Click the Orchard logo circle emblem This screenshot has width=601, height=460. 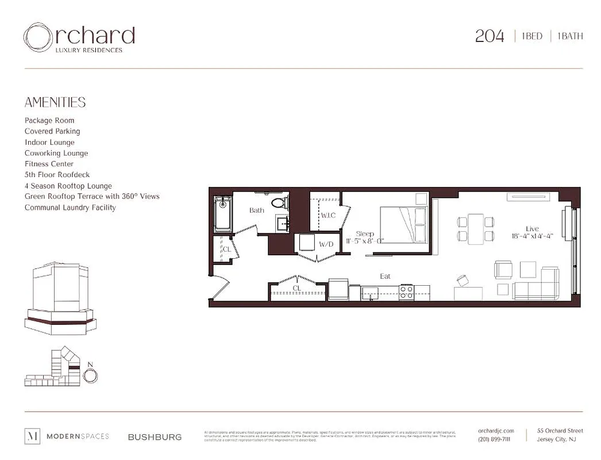pos(37,37)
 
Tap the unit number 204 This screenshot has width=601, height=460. pos(490,36)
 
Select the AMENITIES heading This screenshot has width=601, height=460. pos(55,102)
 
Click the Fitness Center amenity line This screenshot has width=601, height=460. pos(49,164)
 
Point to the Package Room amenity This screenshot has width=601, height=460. pos(49,120)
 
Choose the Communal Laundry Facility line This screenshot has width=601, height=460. pos(70,208)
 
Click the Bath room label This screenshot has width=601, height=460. pos(256,210)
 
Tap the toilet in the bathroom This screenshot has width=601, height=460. pos(280,202)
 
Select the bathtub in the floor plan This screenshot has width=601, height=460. pos(222,214)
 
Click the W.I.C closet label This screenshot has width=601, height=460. pos(328,216)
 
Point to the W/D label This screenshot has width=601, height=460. pos(326,244)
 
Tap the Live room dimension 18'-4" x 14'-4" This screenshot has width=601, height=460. pos(532,236)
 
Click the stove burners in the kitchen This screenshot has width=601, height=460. pos(407,292)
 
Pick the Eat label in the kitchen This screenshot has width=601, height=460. pos(385,277)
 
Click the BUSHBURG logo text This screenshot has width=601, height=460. pos(155,437)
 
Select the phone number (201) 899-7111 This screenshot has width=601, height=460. pos(494,439)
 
